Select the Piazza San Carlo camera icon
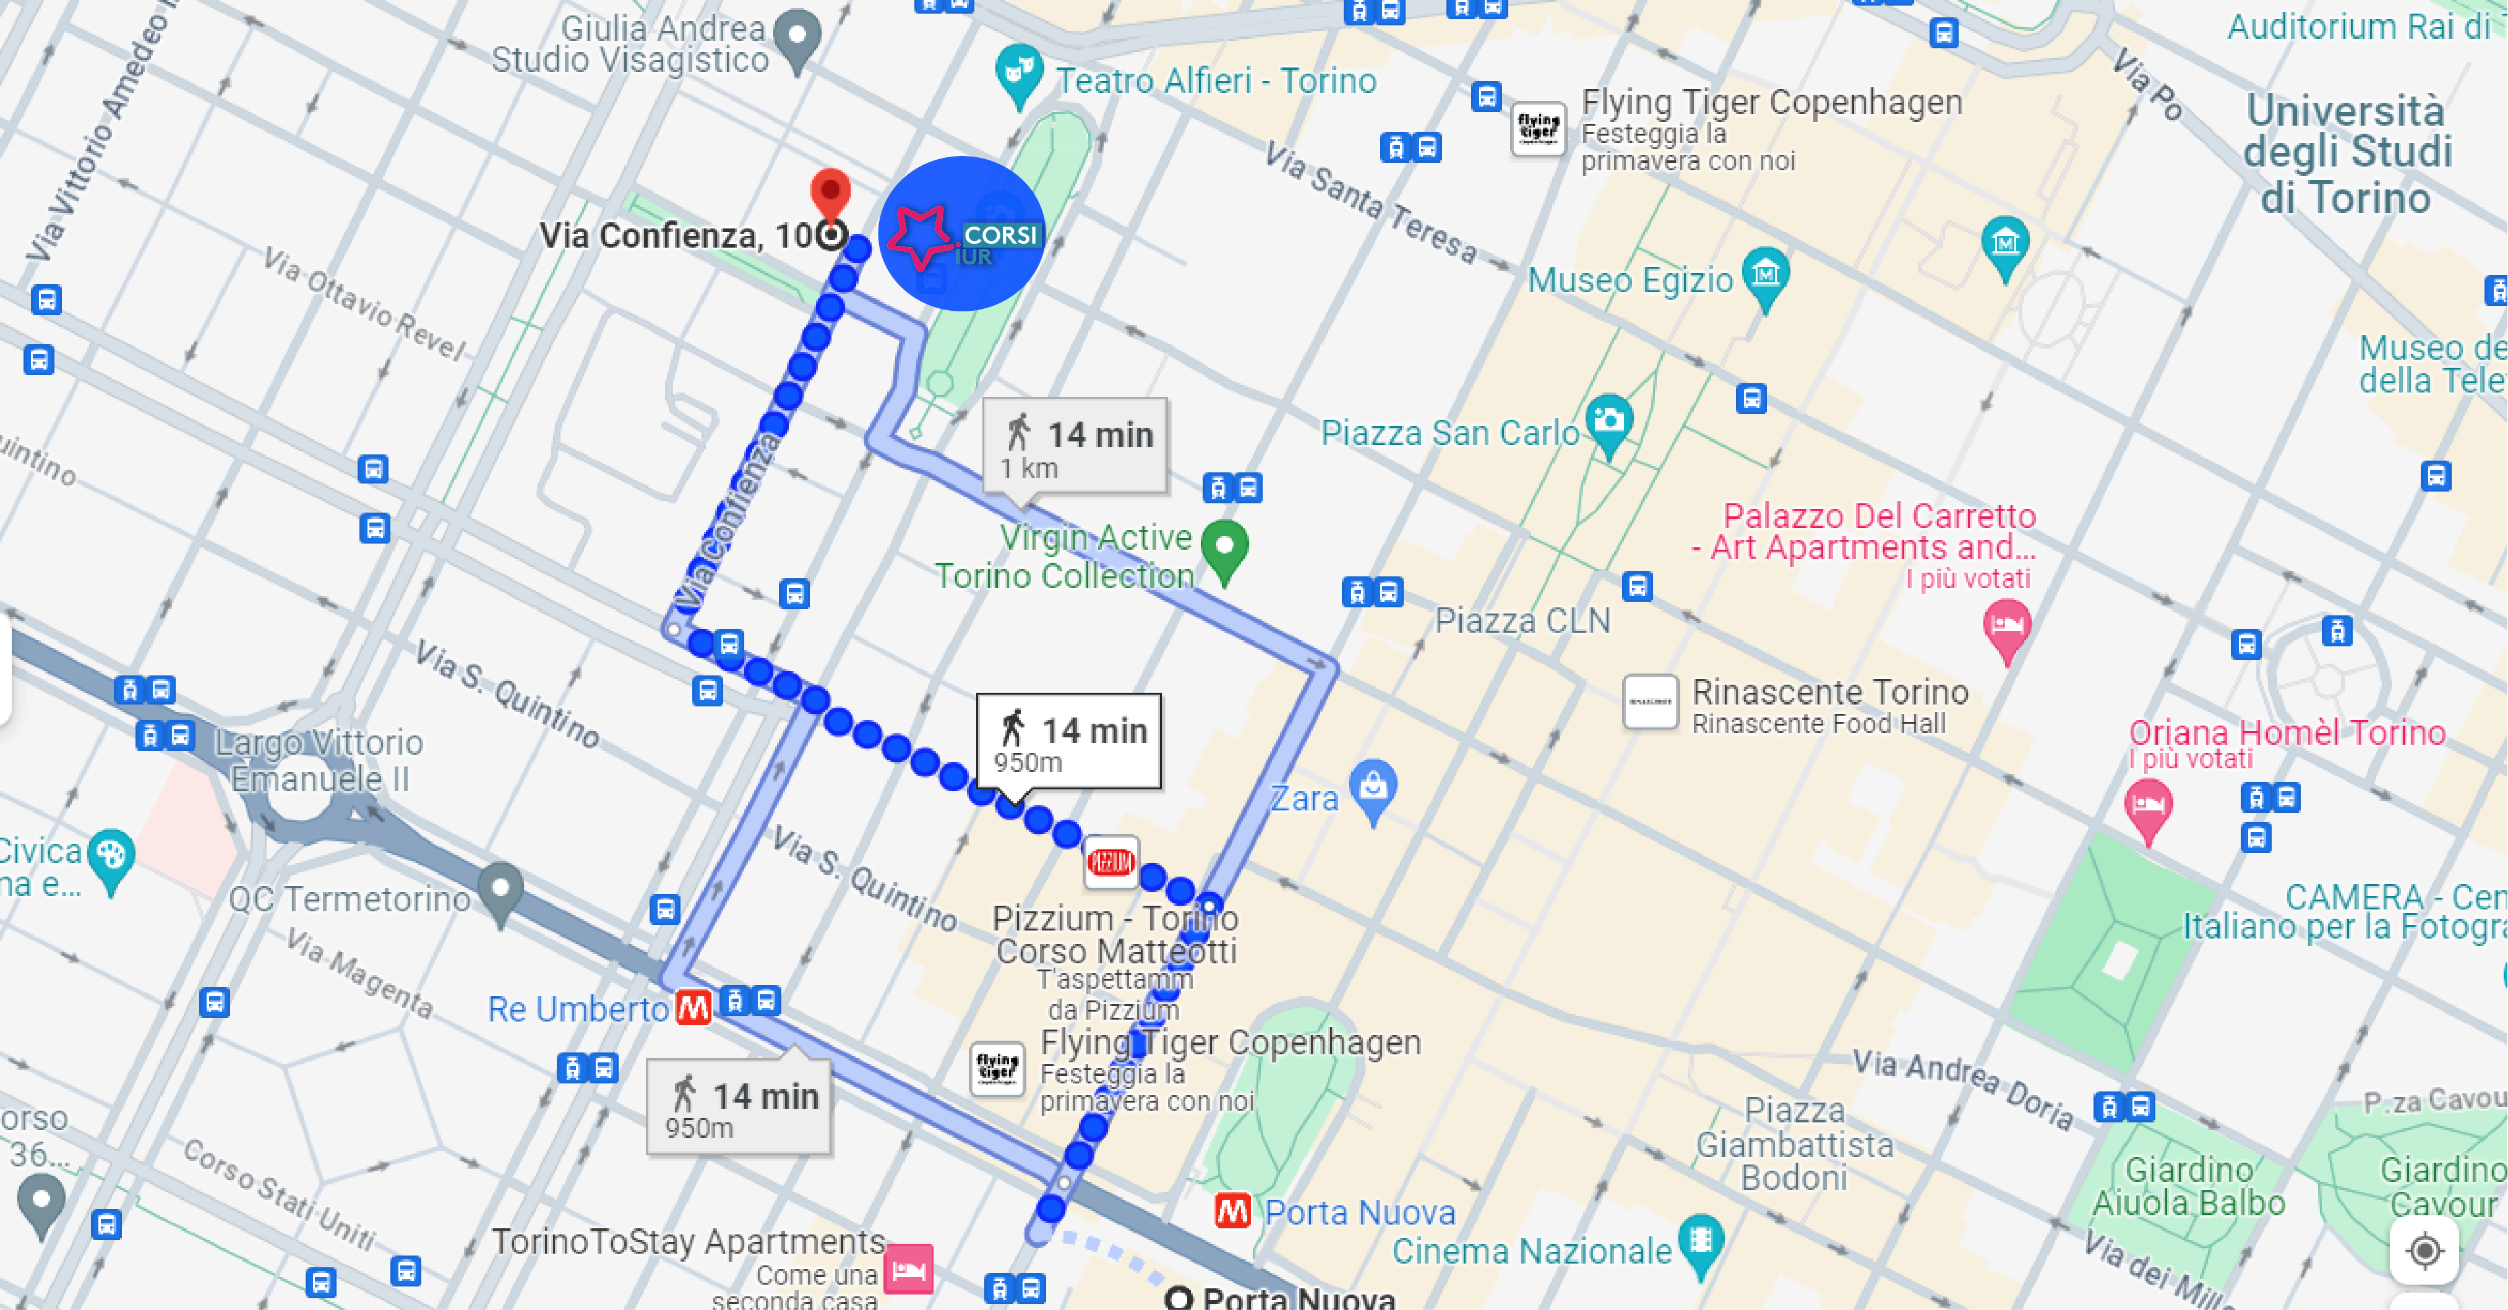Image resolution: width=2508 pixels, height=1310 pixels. [x=1608, y=421]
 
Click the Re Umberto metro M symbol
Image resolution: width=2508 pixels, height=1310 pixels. [x=694, y=1007]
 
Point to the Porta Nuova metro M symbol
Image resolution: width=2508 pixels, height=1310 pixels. [x=1232, y=1211]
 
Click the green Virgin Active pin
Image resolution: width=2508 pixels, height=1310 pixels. [x=1225, y=547]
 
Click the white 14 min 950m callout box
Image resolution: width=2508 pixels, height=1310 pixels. [x=1069, y=741]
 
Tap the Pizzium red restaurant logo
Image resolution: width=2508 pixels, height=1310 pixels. [x=1111, y=862]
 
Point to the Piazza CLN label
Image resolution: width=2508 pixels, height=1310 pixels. [x=1522, y=620]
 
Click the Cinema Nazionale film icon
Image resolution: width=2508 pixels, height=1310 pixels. [x=1701, y=1240]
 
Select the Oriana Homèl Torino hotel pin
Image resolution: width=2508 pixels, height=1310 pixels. [x=2148, y=807]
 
